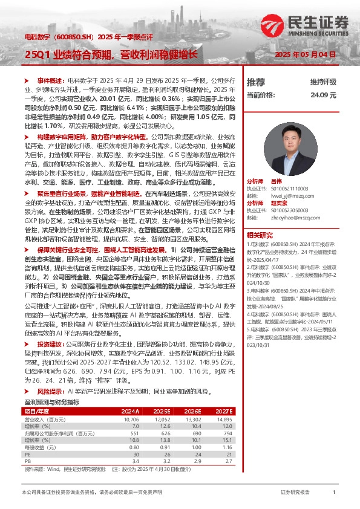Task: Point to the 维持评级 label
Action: coord(322,82)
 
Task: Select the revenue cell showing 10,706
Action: coord(131,418)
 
